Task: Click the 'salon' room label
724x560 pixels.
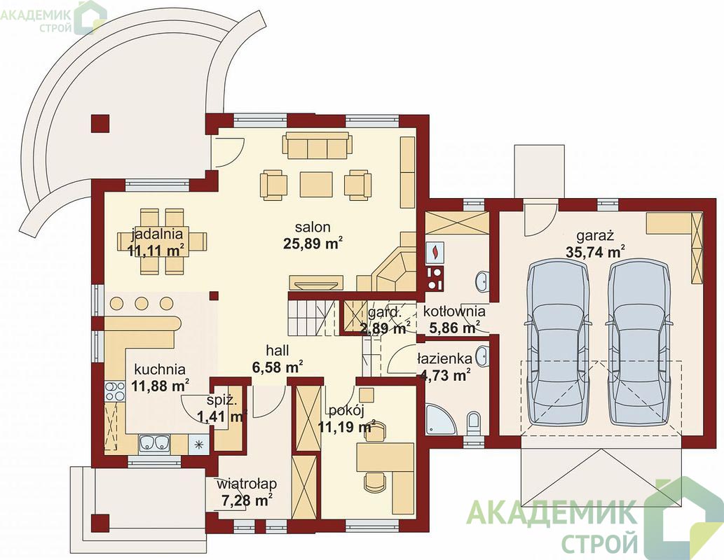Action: (313, 227)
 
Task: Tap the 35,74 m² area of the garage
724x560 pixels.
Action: (596, 252)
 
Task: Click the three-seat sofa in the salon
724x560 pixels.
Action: (317, 146)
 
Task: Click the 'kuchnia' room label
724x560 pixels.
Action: (160, 369)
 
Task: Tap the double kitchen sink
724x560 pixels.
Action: (154, 443)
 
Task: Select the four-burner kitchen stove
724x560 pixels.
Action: (115, 391)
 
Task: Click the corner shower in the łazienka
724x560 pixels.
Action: (438, 418)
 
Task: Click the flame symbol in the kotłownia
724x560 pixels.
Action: (435, 251)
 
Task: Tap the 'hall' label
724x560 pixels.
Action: (278, 351)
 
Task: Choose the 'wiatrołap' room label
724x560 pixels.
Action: (247, 484)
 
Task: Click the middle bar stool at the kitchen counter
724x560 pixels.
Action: (141, 304)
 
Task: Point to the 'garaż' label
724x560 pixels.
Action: (595, 236)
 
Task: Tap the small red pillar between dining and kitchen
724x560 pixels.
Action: (213, 295)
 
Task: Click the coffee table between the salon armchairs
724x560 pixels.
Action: (316, 184)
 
